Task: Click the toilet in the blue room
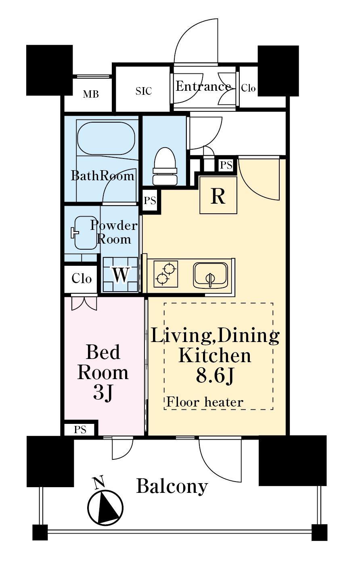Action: [x=165, y=166]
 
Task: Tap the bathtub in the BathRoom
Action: [x=106, y=138]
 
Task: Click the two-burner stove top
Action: [x=166, y=274]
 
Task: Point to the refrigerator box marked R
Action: [x=218, y=195]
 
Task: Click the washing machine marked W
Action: [x=121, y=275]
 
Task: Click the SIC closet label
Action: [x=144, y=91]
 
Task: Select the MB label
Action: [x=91, y=94]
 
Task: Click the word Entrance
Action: [x=203, y=86]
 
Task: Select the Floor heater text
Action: [x=205, y=403]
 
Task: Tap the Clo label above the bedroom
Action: [x=82, y=279]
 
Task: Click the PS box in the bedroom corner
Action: [x=80, y=430]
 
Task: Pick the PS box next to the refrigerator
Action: [x=226, y=165]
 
